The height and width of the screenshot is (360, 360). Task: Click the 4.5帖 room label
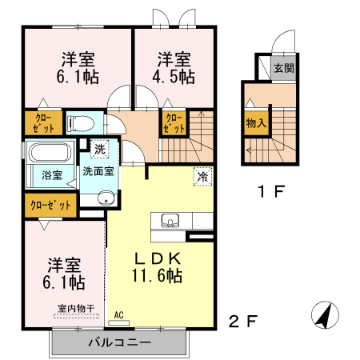[x=174, y=68]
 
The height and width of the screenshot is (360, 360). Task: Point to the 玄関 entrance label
[x=282, y=68]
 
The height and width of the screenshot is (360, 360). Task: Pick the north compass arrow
[x=323, y=316]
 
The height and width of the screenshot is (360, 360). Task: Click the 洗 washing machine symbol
[x=99, y=148]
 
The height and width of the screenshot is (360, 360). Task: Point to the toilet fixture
[x=80, y=123]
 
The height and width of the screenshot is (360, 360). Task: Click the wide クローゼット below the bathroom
[x=50, y=205]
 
